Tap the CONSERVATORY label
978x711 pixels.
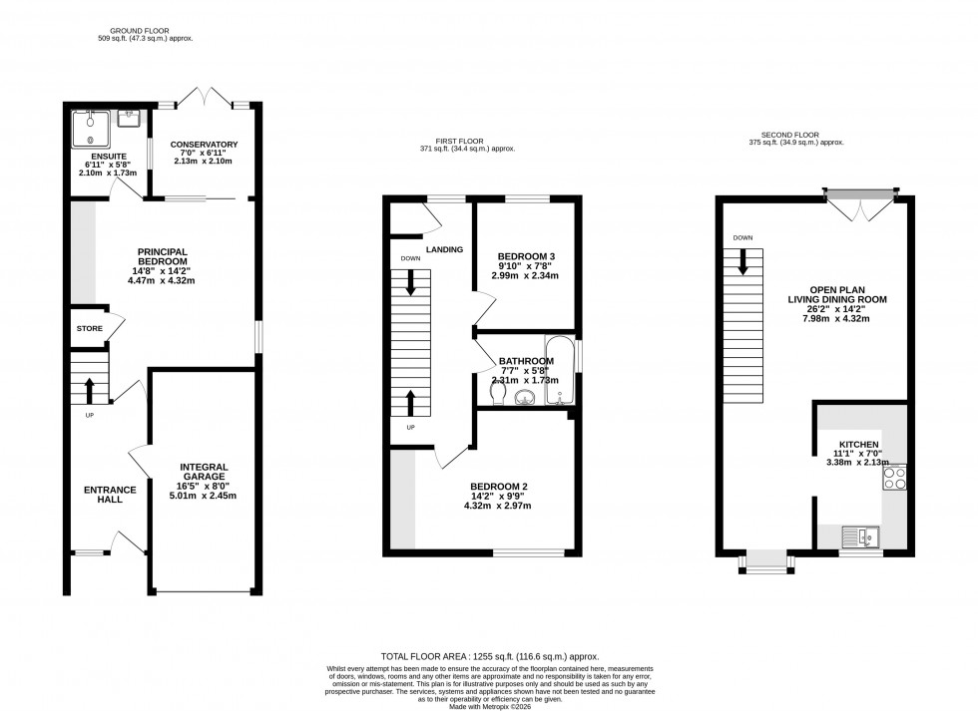click(204, 144)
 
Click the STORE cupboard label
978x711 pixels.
click(88, 328)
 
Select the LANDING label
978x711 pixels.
click(444, 249)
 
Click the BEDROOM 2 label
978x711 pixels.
click(499, 487)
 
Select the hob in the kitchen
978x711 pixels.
click(894, 479)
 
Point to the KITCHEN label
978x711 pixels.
click(858, 444)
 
